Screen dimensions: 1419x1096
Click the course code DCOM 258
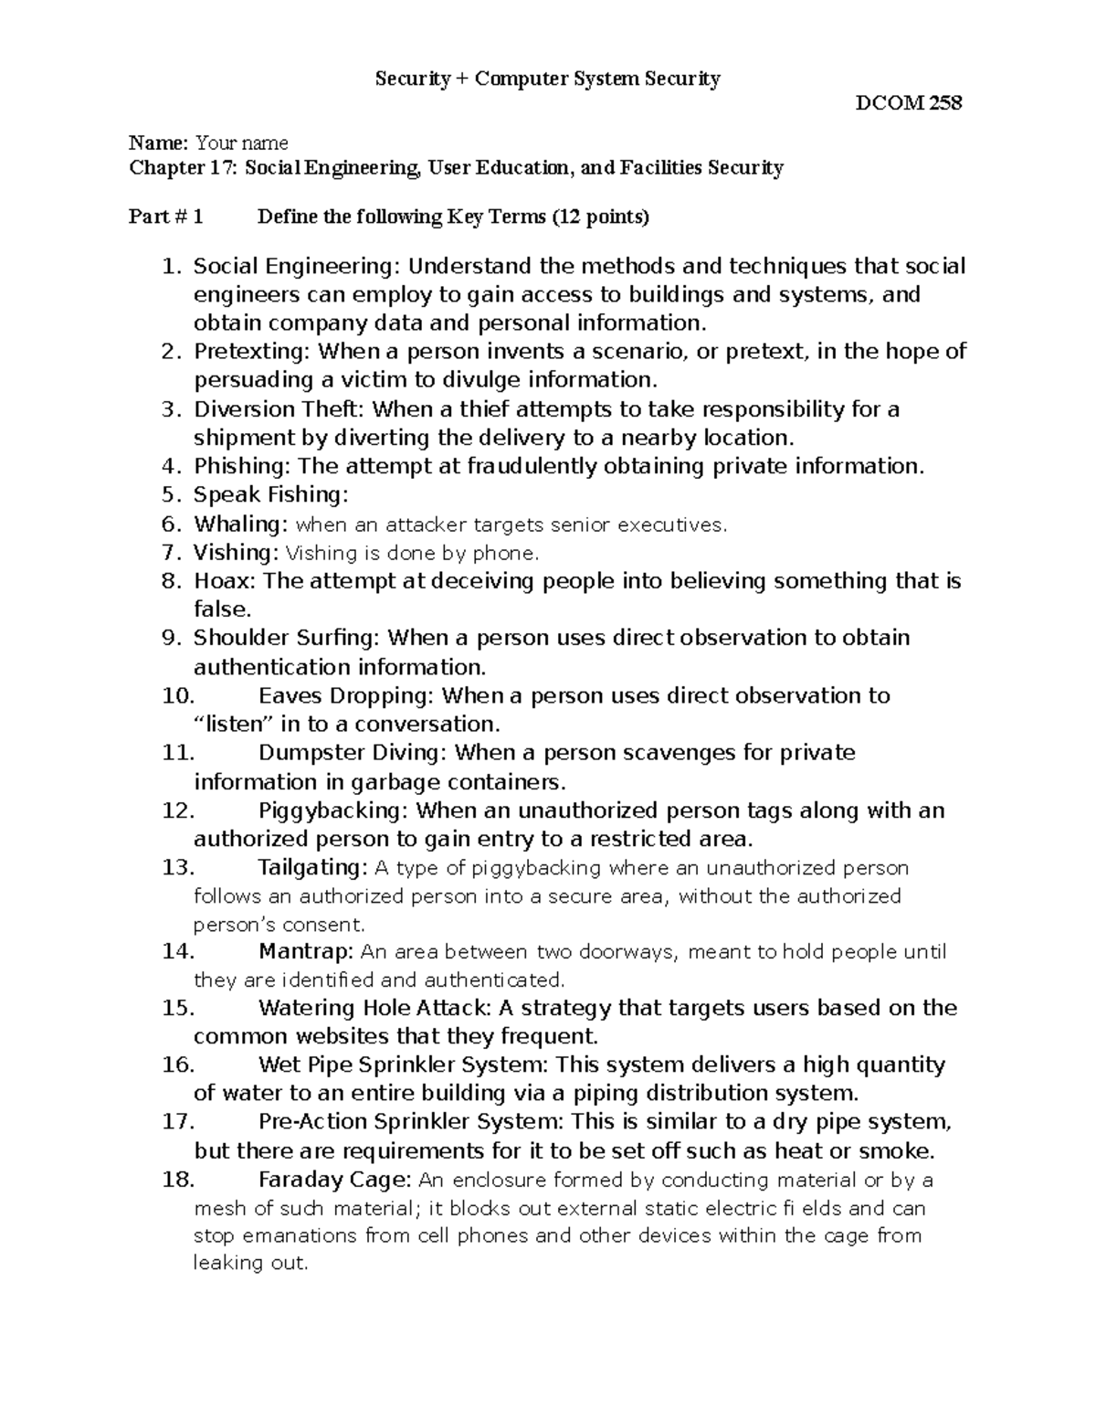pos(908,103)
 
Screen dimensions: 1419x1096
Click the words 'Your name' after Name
pos(242,143)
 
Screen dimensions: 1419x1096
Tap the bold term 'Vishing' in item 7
pos(234,553)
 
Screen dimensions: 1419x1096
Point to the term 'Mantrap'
pos(304,952)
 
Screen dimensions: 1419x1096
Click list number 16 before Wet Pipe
pos(178,1065)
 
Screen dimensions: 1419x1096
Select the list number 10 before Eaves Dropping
pos(178,696)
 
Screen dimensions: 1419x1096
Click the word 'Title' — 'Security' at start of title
pos(412,79)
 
